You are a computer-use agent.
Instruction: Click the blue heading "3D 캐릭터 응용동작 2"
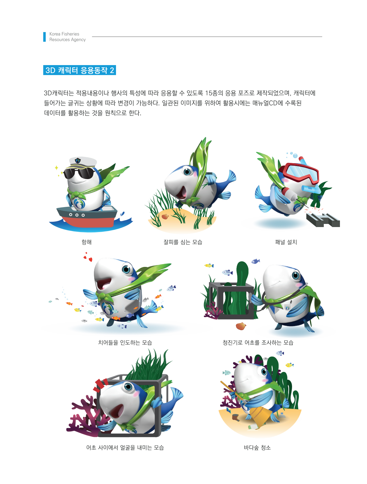tap(80, 70)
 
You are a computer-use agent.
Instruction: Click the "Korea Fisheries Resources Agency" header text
tap(67, 37)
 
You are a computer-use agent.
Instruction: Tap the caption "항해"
tap(86, 242)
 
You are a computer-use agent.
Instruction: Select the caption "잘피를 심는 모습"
tap(183, 242)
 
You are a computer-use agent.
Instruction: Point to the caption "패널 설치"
tap(286, 242)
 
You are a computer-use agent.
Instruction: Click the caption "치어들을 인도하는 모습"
tap(125, 342)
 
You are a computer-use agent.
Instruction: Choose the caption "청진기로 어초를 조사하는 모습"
tap(258, 342)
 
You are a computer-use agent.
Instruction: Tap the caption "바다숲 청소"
tap(257, 447)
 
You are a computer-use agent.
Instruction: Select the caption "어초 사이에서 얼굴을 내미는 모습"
tap(125, 447)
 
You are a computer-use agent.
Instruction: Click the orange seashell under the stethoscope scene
tap(241, 326)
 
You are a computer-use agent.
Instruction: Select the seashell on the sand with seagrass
tap(165, 216)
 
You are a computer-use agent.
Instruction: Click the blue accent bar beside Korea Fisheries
tap(44, 37)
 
